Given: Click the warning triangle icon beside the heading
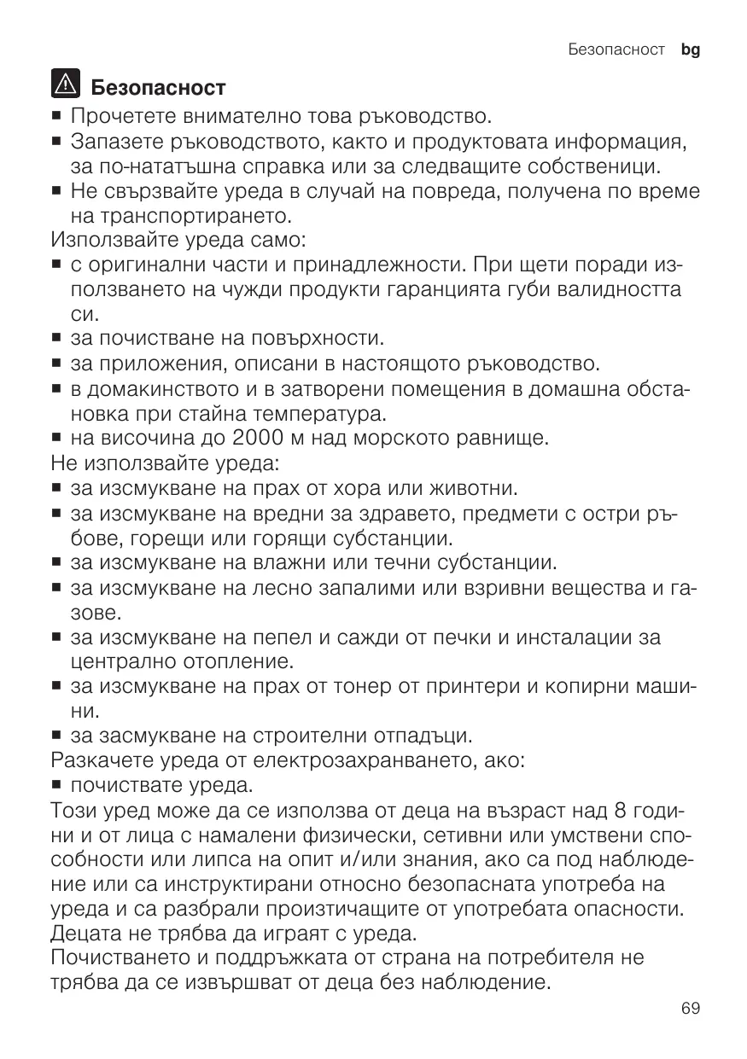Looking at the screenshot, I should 65,85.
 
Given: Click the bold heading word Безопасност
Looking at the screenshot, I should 158,87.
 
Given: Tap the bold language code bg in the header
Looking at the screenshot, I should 691,50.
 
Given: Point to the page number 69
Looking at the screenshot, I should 691,1009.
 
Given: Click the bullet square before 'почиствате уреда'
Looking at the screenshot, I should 58,784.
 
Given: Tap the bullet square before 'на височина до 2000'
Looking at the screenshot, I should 58,440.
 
